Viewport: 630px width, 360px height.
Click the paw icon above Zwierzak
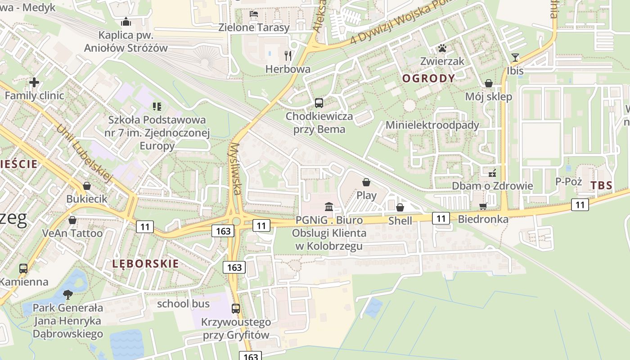442,48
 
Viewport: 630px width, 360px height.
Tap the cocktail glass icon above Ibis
515,58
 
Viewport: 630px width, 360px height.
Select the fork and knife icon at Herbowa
288,56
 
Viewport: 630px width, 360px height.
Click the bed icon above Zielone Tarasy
254,14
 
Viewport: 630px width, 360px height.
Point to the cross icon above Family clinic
34,82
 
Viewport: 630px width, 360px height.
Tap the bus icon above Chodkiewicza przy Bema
319,103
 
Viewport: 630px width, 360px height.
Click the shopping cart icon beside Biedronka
483,206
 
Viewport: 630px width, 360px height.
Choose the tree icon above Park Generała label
68,295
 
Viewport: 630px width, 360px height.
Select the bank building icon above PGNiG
329,207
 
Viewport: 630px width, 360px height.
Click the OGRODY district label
428,79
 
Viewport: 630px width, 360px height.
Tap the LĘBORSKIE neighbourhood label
146,264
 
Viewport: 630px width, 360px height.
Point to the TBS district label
601,185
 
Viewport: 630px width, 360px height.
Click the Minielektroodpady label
432,125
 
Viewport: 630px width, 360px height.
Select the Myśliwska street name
235,169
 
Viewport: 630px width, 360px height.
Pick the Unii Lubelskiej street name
84,153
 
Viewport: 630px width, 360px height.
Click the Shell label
400,220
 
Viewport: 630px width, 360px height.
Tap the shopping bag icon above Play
366,182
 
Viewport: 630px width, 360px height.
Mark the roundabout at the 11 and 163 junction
236,220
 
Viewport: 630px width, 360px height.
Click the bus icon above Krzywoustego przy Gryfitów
236,309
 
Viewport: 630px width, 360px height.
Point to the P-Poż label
569,181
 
